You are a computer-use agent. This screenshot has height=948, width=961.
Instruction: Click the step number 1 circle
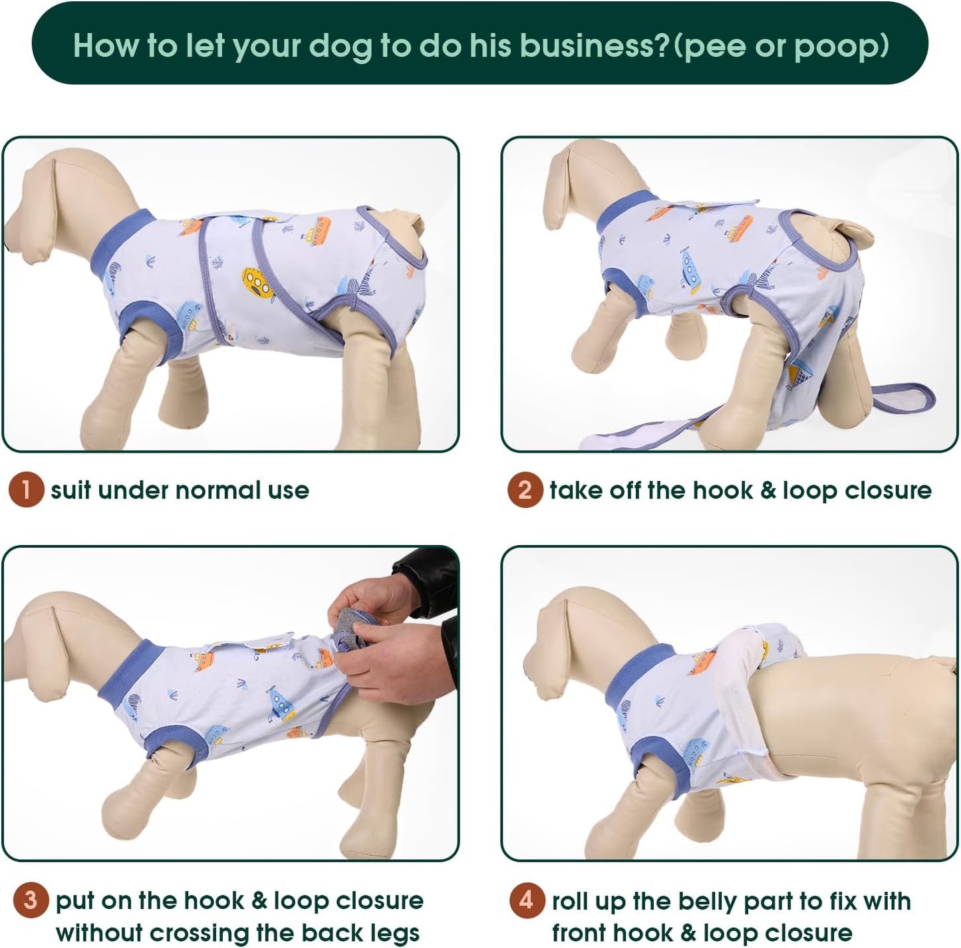[x=26, y=490]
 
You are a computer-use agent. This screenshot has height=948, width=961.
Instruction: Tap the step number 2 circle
[x=525, y=490]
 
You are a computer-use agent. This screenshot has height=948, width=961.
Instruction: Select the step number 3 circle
[x=31, y=901]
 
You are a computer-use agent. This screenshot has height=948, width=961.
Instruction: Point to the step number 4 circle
[x=527, y=901]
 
